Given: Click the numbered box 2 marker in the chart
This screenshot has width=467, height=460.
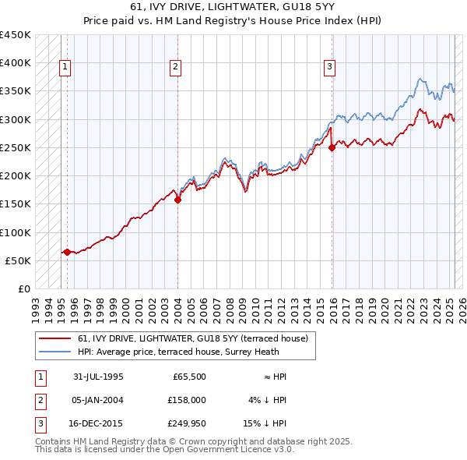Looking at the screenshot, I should [x=176, y=68].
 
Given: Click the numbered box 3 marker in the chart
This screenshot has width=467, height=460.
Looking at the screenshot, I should [x=330, y=68].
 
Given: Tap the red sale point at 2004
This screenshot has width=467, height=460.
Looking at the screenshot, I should [x=177, y=200].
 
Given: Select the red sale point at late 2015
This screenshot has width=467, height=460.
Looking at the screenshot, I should [x=332, y=147].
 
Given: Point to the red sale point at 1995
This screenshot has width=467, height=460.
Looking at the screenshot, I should [x=68, y=252].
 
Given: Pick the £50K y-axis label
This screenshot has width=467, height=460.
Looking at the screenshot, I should [x=19, y=260].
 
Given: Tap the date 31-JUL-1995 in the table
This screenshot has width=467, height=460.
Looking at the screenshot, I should [x=98, y=377].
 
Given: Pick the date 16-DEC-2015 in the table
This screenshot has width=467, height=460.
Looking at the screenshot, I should [x=98, y=423].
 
